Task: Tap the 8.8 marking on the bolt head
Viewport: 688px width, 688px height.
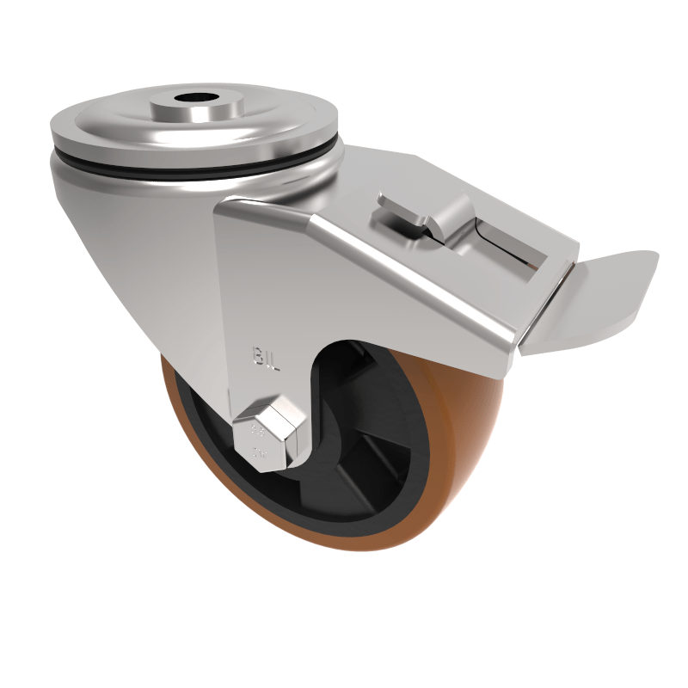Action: (256, 427)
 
